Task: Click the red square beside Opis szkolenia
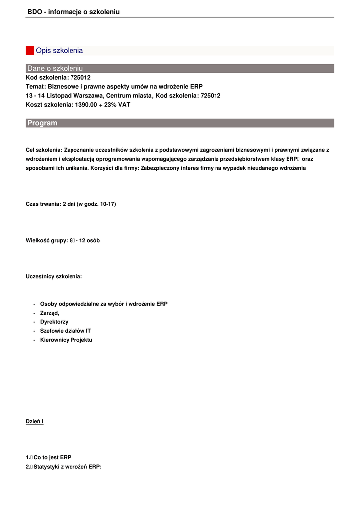pos(30,51)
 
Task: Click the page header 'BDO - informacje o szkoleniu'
pos(73,12)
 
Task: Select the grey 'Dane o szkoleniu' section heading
pos(55,68)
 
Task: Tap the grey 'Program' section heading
pos(42,123)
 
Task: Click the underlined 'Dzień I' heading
pos(35,422)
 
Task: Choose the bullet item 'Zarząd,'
pos(50,313)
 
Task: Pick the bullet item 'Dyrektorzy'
pos(54,322)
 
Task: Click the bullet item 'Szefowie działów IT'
pos(66,331)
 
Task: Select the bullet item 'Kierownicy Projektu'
pos(66,340)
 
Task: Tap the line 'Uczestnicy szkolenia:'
pos(54,276)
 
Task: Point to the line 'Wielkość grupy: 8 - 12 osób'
pos(63,241)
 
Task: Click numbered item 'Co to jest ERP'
pos(52,457)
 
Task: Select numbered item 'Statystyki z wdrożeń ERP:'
pos(67,467)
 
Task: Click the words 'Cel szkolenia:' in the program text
pos(44,150)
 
